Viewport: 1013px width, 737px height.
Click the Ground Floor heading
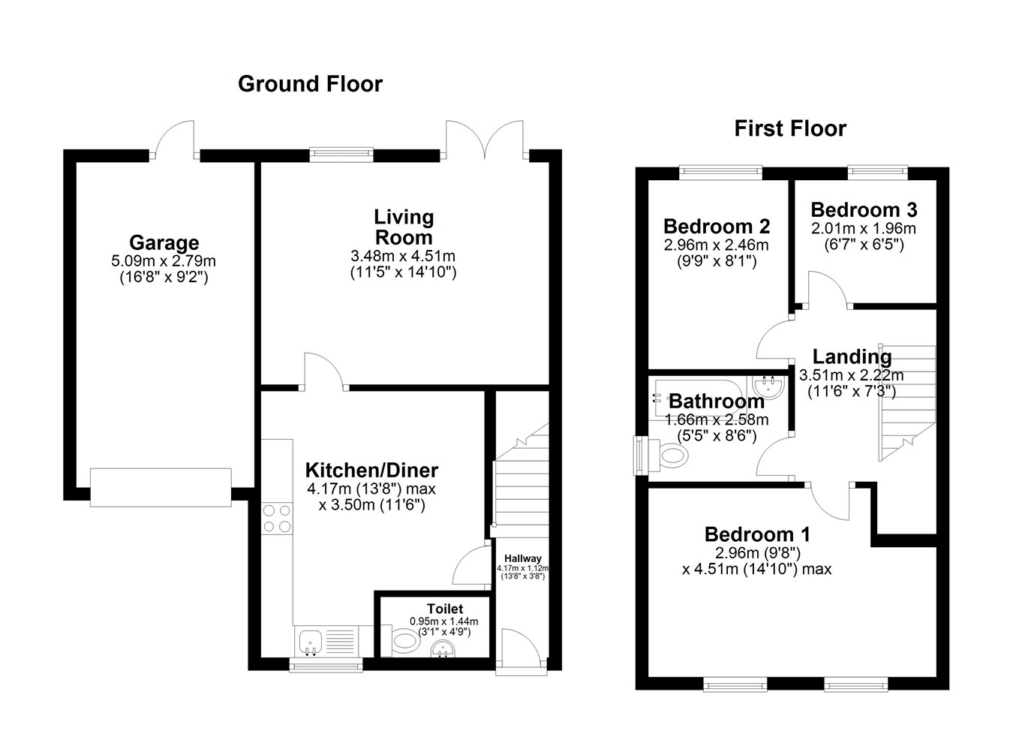310,84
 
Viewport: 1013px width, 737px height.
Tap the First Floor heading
790,128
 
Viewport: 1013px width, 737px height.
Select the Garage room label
164,243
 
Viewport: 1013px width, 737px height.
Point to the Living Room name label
404,227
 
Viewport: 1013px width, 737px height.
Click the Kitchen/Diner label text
371,471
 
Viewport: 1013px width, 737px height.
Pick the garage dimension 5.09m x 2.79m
164,261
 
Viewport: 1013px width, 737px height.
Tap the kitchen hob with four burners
277,518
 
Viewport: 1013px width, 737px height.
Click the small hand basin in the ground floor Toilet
444,650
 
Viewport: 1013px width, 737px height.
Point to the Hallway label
523,558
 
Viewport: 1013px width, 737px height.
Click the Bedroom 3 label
864,210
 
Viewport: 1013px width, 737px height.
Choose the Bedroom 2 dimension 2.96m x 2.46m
717,245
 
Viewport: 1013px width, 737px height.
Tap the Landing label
852,357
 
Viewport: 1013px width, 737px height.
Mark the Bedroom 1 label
757,535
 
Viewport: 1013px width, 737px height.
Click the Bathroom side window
641,456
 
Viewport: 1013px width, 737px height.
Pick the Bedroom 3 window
877,172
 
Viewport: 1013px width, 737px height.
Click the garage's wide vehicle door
161,488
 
